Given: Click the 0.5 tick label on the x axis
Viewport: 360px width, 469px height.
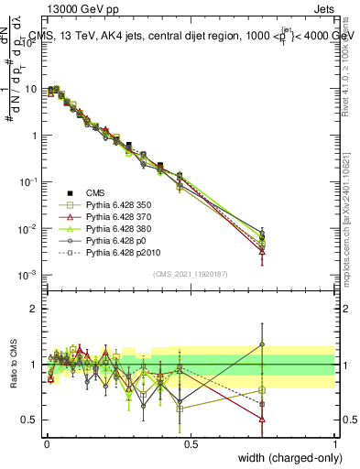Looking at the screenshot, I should pyautogui.click(x=191, y=442).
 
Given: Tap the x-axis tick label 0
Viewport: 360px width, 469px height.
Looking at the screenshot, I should pyautogui.click(x=47, y=442).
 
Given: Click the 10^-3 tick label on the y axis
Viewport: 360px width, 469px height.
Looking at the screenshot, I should pyautogui.click(x=27, y=275).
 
